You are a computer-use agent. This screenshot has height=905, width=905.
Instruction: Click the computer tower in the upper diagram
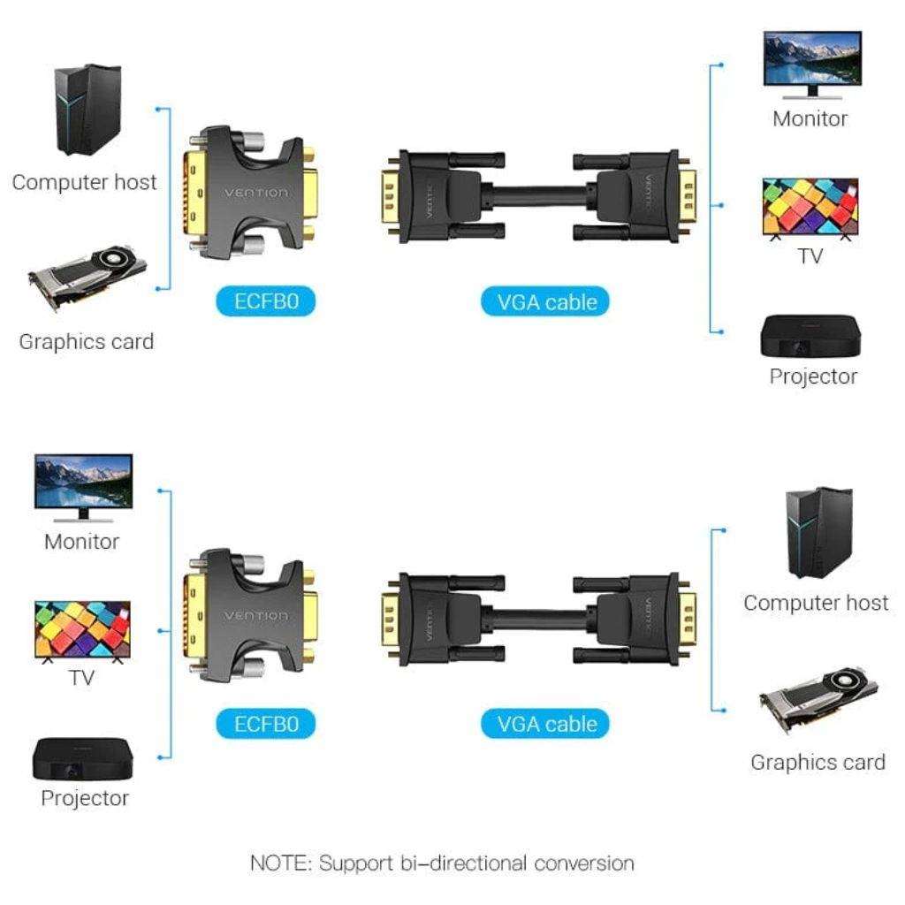pyautogui.click(x=87, y=110)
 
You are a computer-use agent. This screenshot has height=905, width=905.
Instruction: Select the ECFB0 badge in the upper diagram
pyautogui.click(x=265, y=301)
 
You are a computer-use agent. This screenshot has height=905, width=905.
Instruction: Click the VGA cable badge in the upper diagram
pyautogui.click(x=544, y=302)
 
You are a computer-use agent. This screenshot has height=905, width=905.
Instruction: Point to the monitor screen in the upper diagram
pyautogui.click(x=812, y=58)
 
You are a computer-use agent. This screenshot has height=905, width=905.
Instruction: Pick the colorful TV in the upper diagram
pyautogui.click(x=810, y=208)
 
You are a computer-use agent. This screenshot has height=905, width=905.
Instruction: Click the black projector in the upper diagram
pyautogui.click(x=810, y=336)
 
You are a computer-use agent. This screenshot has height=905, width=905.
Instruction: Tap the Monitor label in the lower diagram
pyautogui.click(x=82, y=542)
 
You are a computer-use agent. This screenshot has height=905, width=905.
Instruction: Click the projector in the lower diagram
pyautogui.click(x=83, y=758)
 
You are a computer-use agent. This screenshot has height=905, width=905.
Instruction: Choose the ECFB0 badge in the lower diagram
pyautogui.click(x=265, y=724)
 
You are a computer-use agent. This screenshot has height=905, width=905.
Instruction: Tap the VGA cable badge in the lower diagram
pyautogui.click(x=544, y=724)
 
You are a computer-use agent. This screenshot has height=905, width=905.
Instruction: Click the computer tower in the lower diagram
pyautogui.click(x=819, y=533)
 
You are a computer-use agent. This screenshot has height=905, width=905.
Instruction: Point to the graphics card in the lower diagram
pyautogui.click(x=818, y=698)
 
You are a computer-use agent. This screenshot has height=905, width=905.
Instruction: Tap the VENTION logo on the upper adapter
pyautogui.click(x=255, y=192)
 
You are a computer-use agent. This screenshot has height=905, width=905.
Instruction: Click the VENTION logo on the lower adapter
pyautogui.click(x=255, y=616)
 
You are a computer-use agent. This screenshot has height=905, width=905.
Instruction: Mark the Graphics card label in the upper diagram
pyautogui.click(x=87, y=342)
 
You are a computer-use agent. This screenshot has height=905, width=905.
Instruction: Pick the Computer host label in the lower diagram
pyautogui.click(x=816, y=603)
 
